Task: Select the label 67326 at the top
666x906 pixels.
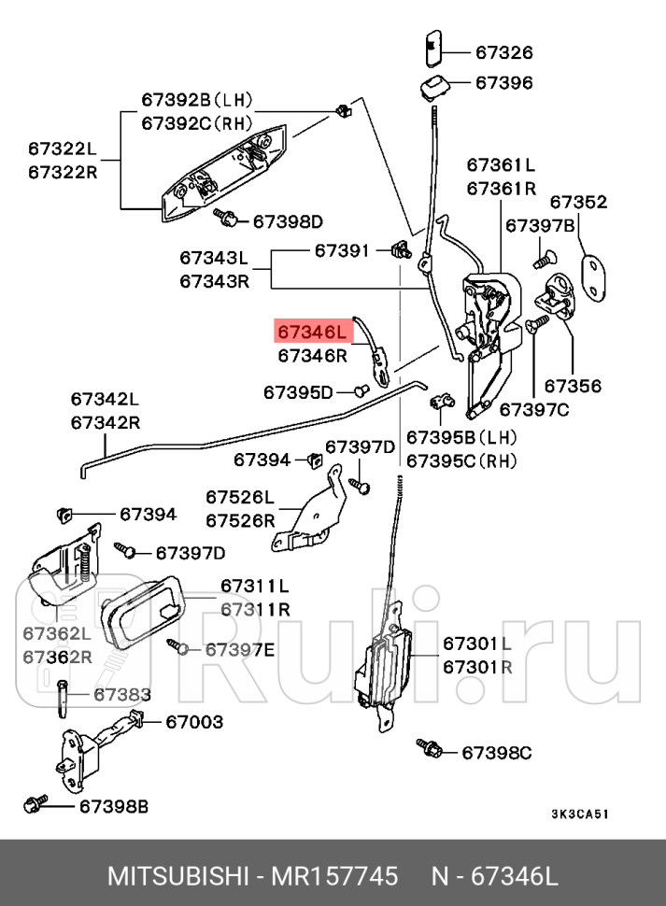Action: pyautogui.click(x=503, y=53)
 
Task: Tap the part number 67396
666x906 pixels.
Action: pyautogui.click(x=503, y=83)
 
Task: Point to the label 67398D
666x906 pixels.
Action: pyautogui.click(x=288, y=221)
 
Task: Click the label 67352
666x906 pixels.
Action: pyautogui.click(x=577, y=203)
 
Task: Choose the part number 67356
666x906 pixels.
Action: pyautogui.click(x=573, y=386)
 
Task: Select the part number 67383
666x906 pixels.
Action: pyautogui.click(x=122, y=694)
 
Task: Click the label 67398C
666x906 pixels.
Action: pyautogui.click(x=497, y=752)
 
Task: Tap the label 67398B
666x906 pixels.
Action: pyautogui.click(x=113, y=805)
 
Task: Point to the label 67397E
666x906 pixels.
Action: pyautogui.click(x=239, y=649)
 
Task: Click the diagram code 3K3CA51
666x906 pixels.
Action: pyautogui.click(x=579, y=814)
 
